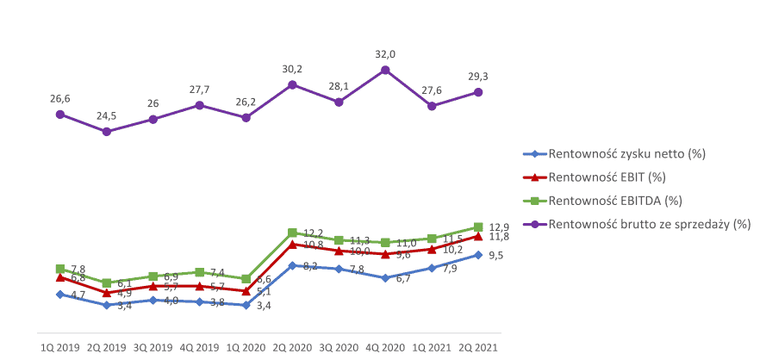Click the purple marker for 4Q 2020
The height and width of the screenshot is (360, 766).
pyautogui.click(x=385, y=70)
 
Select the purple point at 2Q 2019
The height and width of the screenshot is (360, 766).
pyautogui.click(x=106, y=132)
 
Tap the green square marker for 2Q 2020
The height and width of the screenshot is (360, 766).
pyautogui.click(x=292, y=233)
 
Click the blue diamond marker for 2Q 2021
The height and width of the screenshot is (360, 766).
pyautogui.click(x=478, y=255)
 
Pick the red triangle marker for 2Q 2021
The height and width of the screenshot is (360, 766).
pyautogui.click(x=478, y=236)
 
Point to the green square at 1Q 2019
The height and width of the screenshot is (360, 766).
pyautogui.click(x=59, y=269)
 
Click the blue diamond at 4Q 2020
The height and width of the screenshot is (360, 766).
pyautogui.click(x=385, y=278)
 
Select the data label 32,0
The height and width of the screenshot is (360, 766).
pyautogui.click(x=385, y=53)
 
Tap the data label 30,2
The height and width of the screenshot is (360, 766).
pyautogui.click(x=292, y=69)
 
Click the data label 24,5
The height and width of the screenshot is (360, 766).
pyautogui.click(x=106, y=115)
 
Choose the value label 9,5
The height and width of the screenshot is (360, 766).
pyautogui.click(x=495, y=256)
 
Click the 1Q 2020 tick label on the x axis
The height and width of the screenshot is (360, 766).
pyautogui.click(x=246, y=347)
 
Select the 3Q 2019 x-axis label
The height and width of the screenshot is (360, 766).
pyautogui.click(x=153, y=347)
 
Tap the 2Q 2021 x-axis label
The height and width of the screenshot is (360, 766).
pyautogui.click(x=478, y=347)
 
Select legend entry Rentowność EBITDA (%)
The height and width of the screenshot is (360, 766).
pyautogui.click(x=614, y=201)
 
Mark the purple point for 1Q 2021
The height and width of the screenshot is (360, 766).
pyautogui.click(x=432, y=106)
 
